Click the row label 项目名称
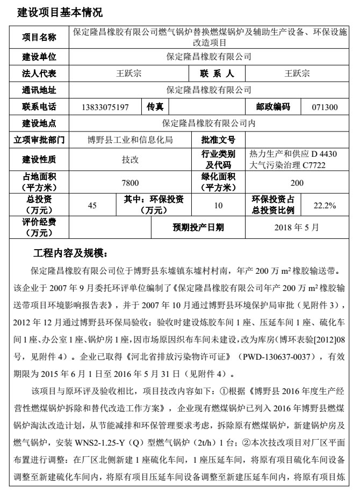point(39,37)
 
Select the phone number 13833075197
point(106,107)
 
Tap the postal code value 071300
point(325,107)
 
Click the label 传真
point(155,107)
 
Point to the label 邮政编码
point(269,107)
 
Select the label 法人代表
point(39,73)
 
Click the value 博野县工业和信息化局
point(131,140)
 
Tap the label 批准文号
point(218,140)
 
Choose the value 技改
point(131,159)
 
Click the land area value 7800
point(131,183)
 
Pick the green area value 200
point(297,183)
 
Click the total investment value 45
point(92,205)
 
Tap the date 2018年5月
point(297,227)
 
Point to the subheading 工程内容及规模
point(70,252)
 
